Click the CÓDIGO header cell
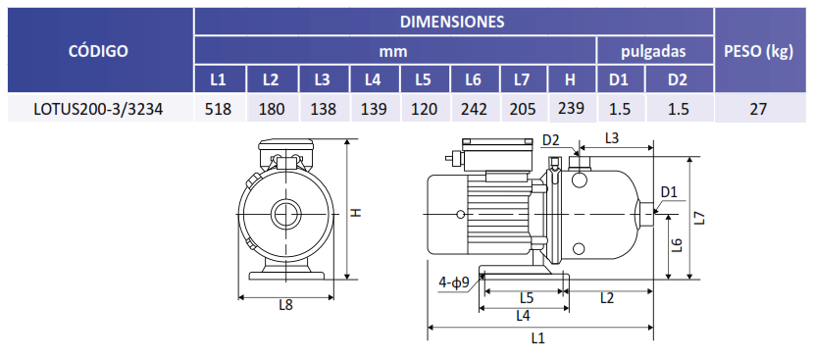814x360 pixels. pyautogui.click(x=98, y=51)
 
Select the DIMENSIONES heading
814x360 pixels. pyautogui.click(x=452, y=22)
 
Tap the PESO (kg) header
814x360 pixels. pyautogui.click(x=758, y=51)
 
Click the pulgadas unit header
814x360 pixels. pyautogui.click(x=653, y=51)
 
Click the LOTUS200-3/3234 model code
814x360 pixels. pyautogui.click(x=98, y=109)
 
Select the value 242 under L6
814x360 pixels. pyautogui.click(x=475, y=109)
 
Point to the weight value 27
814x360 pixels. pyautogui.click(x=758, y=109)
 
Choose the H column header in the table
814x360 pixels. pyautogui.click(x=570, y=80)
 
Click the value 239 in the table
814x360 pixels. pyautogui.click(x=571, y=108)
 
